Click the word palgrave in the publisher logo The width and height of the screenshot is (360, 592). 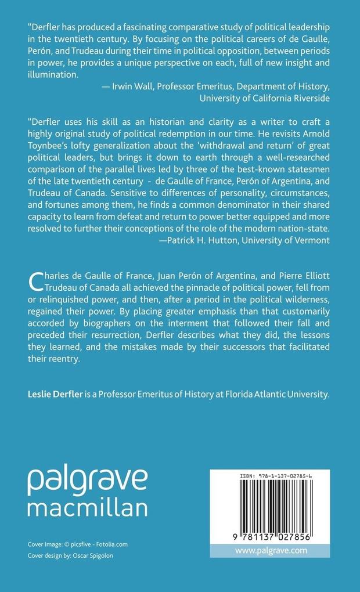point(88,481)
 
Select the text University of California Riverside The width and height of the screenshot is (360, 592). point(265,98)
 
